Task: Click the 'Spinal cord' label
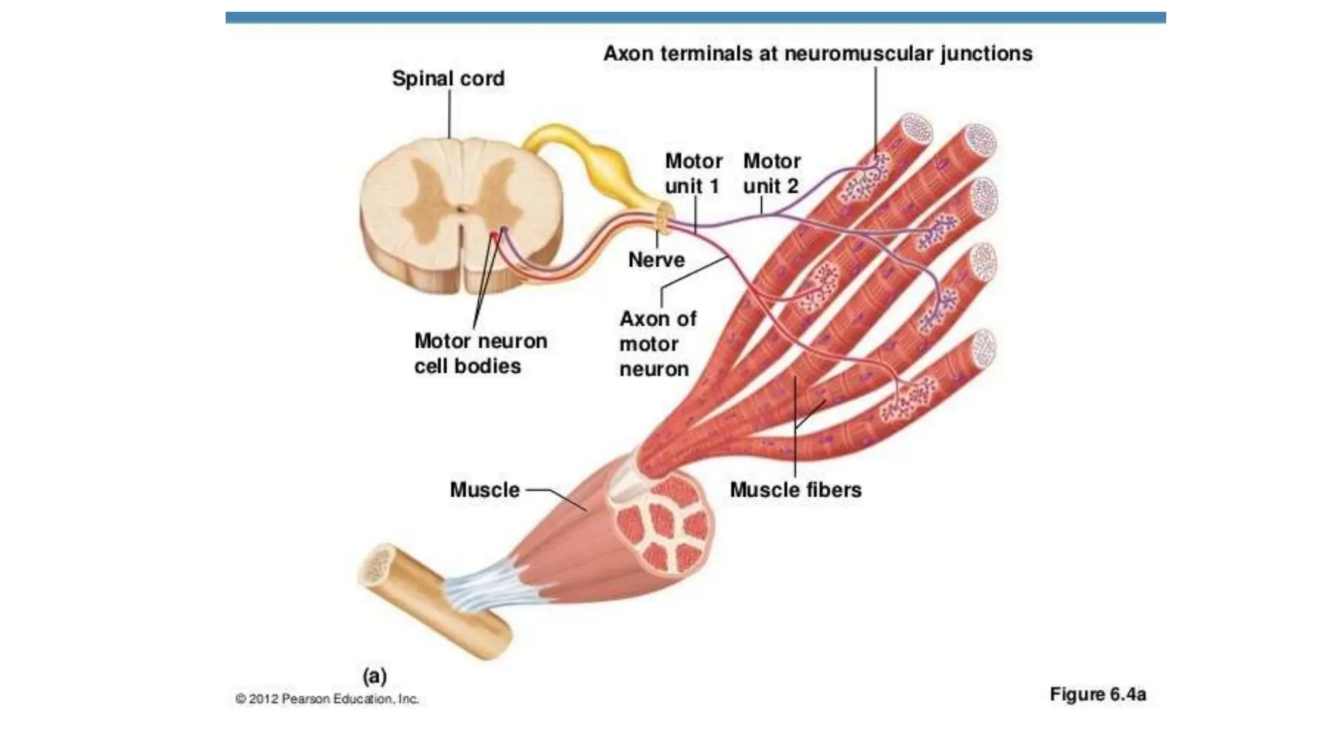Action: click(x=448, y=78)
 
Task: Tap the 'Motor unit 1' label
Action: click(x=693, y=173)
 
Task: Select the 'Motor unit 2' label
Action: click(x=771, y=173)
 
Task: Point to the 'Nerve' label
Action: click(x=656, y=259)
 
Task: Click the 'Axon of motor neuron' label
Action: click(x=656, y=344)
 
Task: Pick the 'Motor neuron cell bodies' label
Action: click(x=480, y=353)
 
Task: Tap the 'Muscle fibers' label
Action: click(x=795, y=490)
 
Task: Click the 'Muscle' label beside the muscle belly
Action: click(x=484, y=490)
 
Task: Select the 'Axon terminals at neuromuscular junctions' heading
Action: click(x=817, y=54)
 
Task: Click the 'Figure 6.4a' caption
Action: click(x=1097, y=694)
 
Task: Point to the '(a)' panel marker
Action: click(x=375, y=675)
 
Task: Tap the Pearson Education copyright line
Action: click(x=327, y=699)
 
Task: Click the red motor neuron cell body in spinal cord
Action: click(x=494, y=236)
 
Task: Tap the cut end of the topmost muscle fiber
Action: click(x=916, y=129)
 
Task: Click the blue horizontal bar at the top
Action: click(x=696, y=18)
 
